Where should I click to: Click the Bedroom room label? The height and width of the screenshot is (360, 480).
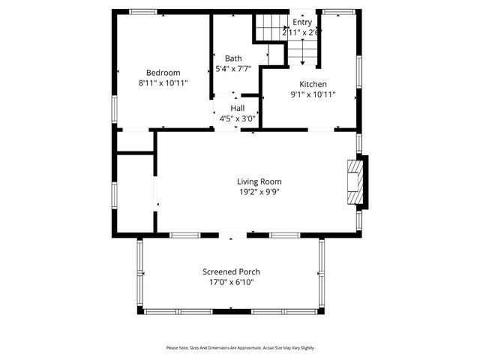pos(163,72)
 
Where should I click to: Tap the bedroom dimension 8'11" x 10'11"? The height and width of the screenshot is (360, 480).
pos(163,82)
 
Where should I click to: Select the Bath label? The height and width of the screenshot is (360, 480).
pos(233,58)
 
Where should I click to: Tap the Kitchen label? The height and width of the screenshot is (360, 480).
pos(313,84)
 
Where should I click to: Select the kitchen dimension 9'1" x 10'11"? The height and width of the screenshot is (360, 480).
pos(313,94)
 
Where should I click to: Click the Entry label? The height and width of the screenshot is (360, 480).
pos(302,22)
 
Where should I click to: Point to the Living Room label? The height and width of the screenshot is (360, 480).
pos(259,181)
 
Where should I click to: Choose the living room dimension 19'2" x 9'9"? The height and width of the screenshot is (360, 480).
pos(259,192)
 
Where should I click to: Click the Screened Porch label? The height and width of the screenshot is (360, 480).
pos(231,271)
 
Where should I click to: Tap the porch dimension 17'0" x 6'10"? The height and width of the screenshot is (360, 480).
pos(231,282)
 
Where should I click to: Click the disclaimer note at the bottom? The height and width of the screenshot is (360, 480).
pos(240,347)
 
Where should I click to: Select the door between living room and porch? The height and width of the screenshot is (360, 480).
pos(232,236)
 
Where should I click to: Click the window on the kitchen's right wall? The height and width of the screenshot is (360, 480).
pos(358,77)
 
